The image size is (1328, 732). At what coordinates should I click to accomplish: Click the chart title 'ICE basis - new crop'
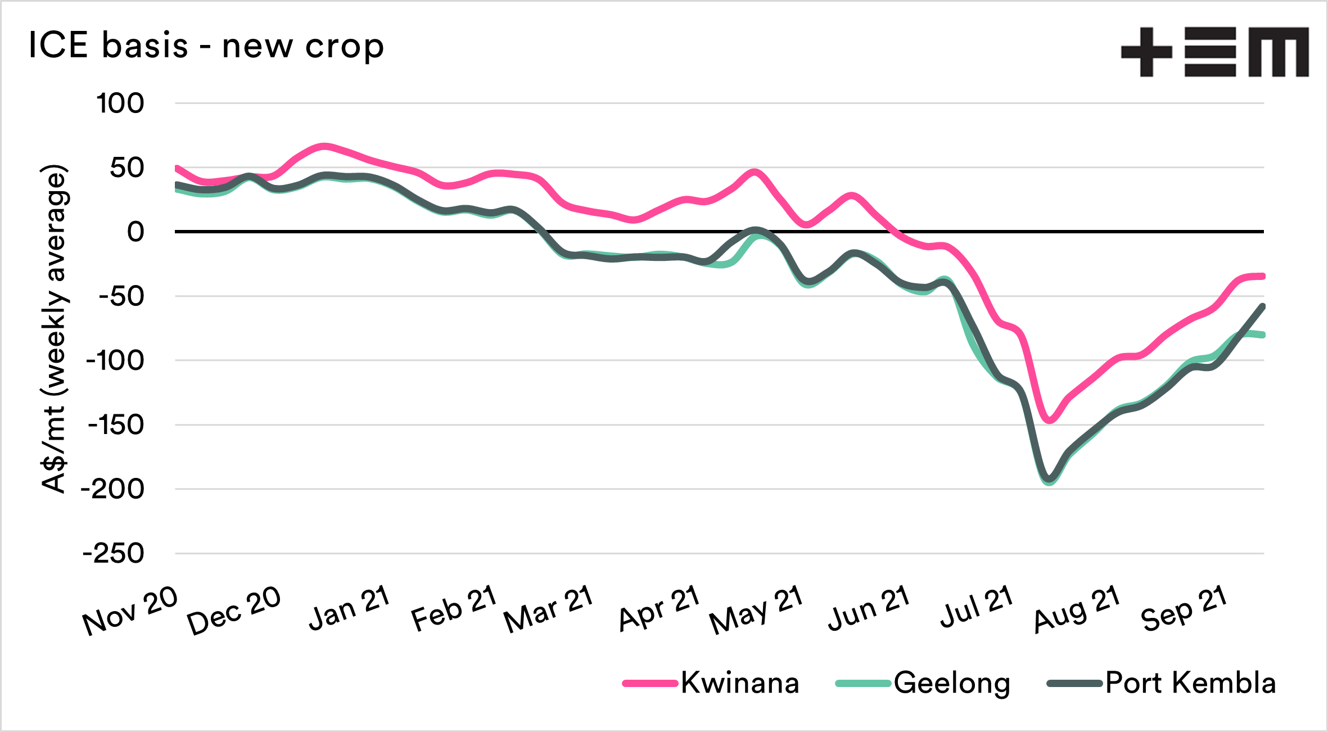(206, 46)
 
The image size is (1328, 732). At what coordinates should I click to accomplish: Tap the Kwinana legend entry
(711, 683)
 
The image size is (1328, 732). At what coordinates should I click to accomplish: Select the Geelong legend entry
(923, 683)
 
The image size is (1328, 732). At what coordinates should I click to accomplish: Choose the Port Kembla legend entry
(1162, 683)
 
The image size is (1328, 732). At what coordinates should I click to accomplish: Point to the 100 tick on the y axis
(120, 103)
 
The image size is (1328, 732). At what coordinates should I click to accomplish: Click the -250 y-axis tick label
(114, 554)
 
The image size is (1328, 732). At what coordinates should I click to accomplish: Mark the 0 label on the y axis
(135, 232)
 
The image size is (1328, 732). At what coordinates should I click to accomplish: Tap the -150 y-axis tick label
(116, 425)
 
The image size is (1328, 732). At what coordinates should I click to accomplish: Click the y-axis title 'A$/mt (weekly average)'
(55, 329)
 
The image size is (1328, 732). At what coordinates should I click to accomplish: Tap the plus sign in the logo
(1146, 52)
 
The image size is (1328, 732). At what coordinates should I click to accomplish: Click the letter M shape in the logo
(1279, 52)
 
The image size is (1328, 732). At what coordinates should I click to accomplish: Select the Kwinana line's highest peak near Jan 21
(324, 147)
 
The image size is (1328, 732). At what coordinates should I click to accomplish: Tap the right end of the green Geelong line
(1263, 335)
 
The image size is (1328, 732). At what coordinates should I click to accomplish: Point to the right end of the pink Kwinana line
(1263, 276)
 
